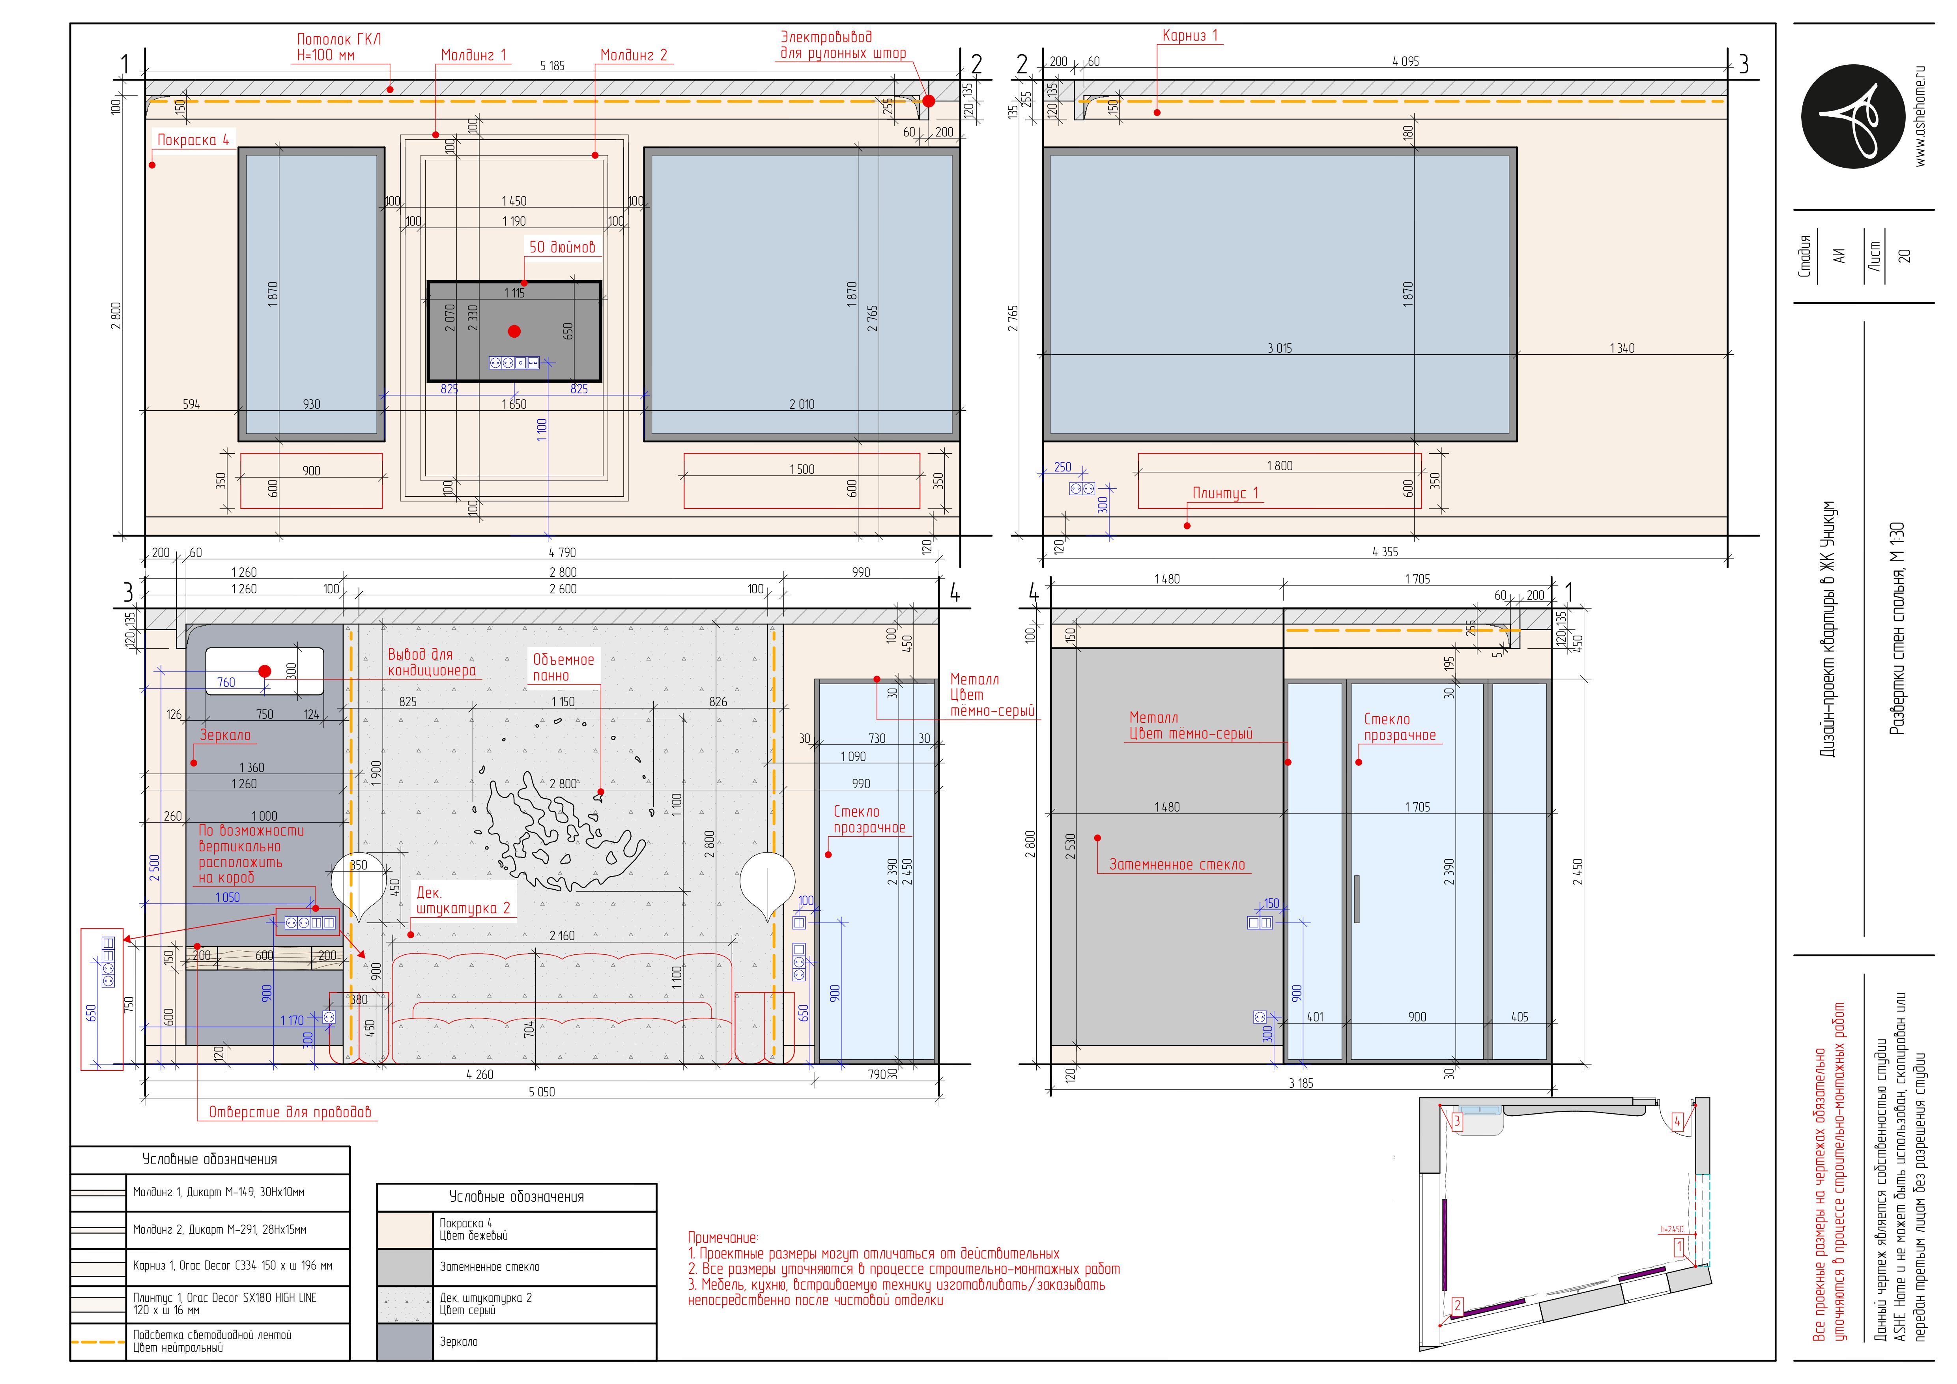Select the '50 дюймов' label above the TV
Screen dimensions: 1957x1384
[x=562, y=247]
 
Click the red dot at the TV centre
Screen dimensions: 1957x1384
[x=514, y=331]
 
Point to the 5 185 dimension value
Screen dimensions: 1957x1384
[x=552, y=65]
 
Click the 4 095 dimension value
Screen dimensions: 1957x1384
[x=1406, y=62]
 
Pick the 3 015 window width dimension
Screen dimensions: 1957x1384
[x=1279, y=348]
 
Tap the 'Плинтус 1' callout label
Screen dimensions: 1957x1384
[x=1225, y=494]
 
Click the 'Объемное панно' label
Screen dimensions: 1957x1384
[x=563, y=667]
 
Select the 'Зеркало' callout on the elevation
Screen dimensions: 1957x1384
[x=225, y=735]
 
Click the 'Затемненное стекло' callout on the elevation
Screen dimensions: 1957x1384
[x=1176, y=865]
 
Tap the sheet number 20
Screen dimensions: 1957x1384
[x=1904, y=256]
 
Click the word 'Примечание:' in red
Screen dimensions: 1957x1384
[x=722, y=1237]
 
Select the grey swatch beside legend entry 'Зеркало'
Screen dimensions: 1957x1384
[x=405, y=1341]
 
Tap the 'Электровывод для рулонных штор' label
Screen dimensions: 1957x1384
[x=843, y=45]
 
